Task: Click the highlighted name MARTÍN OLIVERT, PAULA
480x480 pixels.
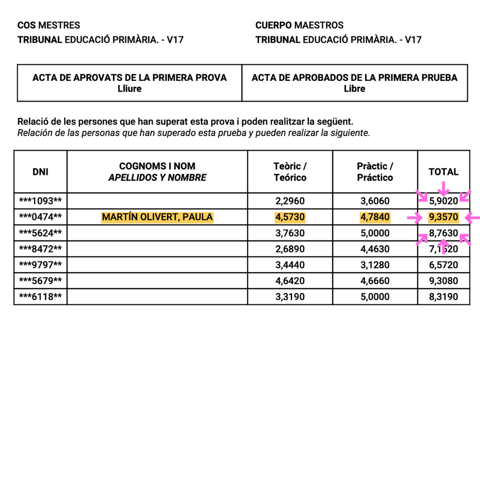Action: [x=157, y=217]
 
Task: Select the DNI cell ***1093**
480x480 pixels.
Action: [x=40, y=201]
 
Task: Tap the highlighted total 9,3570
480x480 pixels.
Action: [x=444, y=217]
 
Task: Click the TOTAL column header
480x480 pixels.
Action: [x=444, y=172]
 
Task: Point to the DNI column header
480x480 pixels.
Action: [x=40, y=172]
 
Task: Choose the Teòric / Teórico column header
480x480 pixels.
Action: [x=290, y=172]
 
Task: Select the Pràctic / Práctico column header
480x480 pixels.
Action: [x=375, y=172]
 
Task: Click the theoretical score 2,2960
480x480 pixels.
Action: [x=290, y=201]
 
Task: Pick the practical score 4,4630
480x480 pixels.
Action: [x=375, y=249]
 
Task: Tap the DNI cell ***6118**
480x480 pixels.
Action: [x=40, y=297]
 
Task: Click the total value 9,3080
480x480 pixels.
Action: [x=444, y=281]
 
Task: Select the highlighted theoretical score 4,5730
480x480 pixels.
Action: [x=290, y=217]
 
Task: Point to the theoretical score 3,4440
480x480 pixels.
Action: [x=290, y=265]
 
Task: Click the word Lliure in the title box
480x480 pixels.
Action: [x=129, y=89]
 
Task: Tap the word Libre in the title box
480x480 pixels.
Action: [x=354, y=89]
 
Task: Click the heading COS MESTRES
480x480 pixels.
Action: [x=49, y=25]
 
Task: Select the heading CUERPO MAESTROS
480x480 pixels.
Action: [x=299, y=25]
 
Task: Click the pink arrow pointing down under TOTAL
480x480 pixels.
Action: [x=443, y=188]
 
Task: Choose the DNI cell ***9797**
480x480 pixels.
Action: [x=40, y=265]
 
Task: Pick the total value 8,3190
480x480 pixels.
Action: [x=444, y=297]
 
